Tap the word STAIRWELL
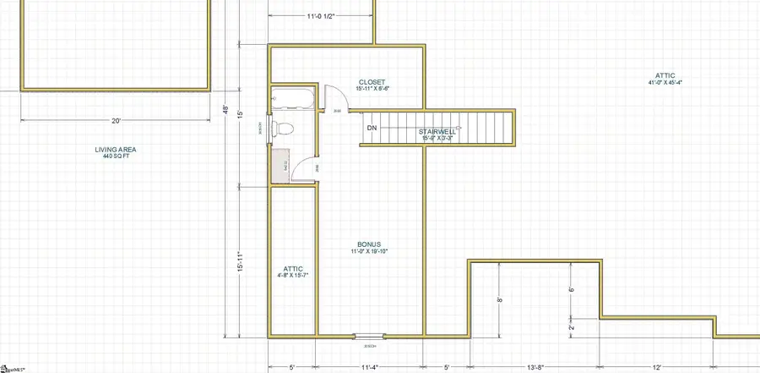click(x=437, y=131)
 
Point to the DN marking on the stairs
click(x=372, y=129)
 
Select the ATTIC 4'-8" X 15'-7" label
click(x=292, y=271)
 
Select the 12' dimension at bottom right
click(x=656, y=368)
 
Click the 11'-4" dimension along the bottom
click(x=368, y=368)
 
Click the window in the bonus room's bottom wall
click(x=368, y=337)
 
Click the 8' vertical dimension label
click(x=500, y=299)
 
